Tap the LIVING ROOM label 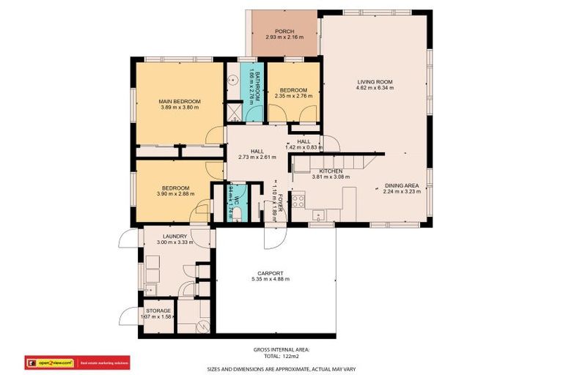click(375, 81)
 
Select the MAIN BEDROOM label click(180, 101)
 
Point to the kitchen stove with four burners click(298, 201)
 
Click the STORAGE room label click(158, 311)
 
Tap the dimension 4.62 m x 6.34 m click(375, 88)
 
